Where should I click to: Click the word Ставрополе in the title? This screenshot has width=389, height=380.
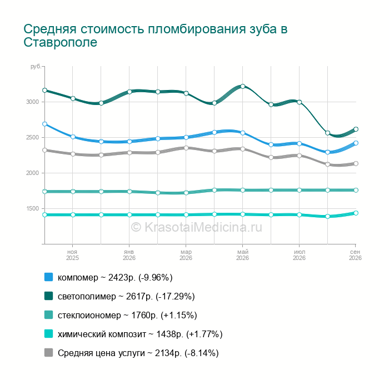tap(60, 42)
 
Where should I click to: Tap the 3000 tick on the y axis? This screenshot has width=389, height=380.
tap(33, 102)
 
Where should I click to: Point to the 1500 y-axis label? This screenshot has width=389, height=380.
tap(33, 208)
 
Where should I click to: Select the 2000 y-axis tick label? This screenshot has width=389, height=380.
tap(33, 173)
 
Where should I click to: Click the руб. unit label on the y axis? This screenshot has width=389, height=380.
tap(36, 67)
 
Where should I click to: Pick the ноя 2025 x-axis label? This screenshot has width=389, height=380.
tap(72, 255)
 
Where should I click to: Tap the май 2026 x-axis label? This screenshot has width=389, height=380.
tap(243, 255)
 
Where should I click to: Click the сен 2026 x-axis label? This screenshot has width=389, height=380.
tap(355, 255)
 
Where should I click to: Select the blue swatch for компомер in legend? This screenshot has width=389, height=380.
tap(49, 277)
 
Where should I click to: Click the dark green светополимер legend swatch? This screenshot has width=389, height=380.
tap(49, 296)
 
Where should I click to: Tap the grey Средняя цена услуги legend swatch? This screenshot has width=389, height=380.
tap(49, 352)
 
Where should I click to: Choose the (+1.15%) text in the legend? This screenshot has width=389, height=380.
tap(179, 315)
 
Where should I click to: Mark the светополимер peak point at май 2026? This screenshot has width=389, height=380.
tap(243, 86)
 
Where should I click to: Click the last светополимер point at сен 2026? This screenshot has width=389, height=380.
tap(356, 129)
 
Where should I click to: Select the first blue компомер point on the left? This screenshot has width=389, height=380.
tap(44, 124)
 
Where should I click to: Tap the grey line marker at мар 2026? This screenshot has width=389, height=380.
tap(186, 148)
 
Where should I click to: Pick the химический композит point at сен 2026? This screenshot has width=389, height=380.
tap(356, 213)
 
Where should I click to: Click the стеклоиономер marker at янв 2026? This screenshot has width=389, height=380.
tap(129, 192)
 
